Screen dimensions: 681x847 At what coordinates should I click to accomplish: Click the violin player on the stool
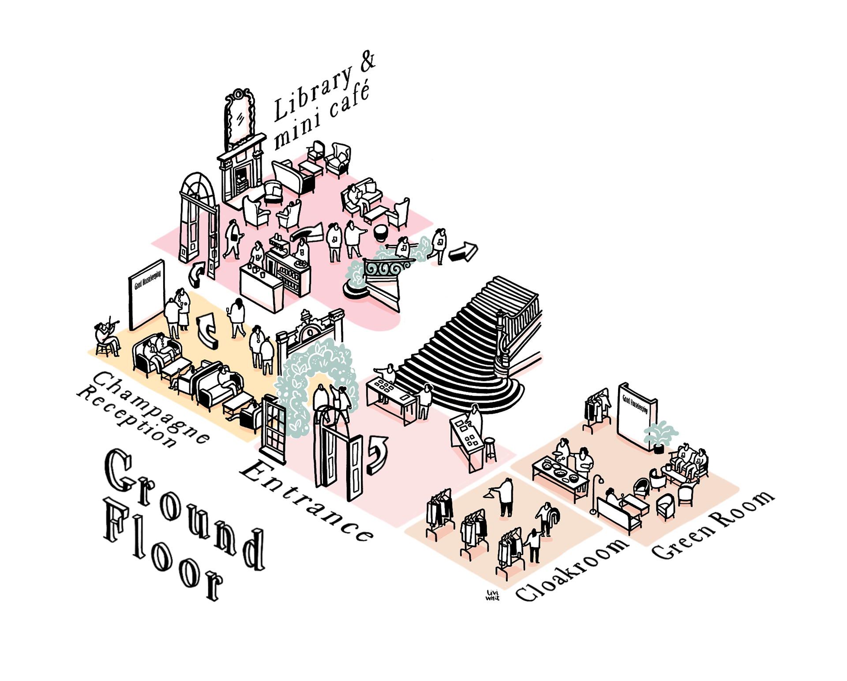point(106,335)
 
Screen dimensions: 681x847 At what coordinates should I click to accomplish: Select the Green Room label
point(712,525)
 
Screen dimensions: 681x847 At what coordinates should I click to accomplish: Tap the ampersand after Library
point(368,62)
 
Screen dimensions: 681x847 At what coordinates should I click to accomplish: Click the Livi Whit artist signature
point(492,595)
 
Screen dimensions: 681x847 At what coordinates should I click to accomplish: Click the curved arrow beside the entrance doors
point(377,454)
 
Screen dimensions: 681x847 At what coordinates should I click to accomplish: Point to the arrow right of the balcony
point(463,252)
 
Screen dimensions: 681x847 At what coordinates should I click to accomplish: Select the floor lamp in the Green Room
point(596,494)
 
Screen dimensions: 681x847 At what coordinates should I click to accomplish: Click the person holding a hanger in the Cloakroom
point(506,496)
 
